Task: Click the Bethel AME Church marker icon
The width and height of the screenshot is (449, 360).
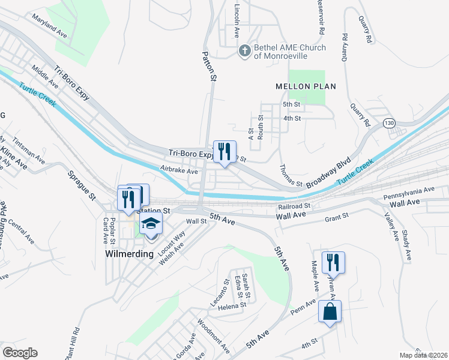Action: point(244,51)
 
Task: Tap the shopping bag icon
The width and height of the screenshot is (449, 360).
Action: point(330,311)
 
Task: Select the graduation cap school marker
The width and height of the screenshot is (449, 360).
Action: point(151,225)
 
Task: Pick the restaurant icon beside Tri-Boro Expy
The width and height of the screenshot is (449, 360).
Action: point(224,151)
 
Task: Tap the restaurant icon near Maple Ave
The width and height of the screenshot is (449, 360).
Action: point(333,262)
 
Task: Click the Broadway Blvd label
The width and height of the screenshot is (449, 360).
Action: point(328,173)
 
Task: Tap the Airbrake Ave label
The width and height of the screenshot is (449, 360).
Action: point(179,171)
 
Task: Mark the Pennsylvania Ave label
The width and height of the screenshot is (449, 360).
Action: point(408,192)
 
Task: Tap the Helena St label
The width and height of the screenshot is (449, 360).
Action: point(232,305)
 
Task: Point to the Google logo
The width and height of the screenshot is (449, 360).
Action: point(20,353)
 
